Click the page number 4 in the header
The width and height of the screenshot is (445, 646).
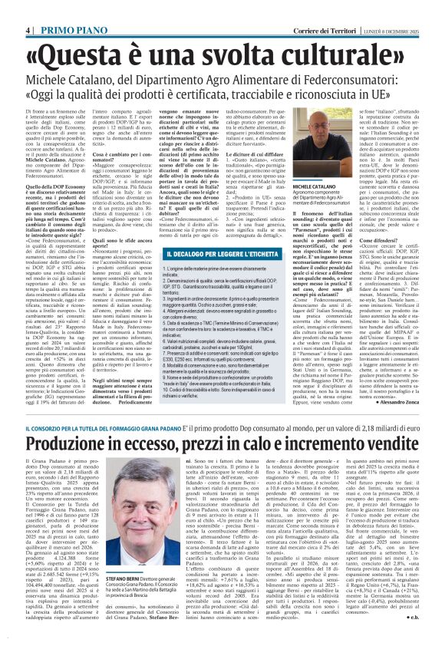pos(28,8)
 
